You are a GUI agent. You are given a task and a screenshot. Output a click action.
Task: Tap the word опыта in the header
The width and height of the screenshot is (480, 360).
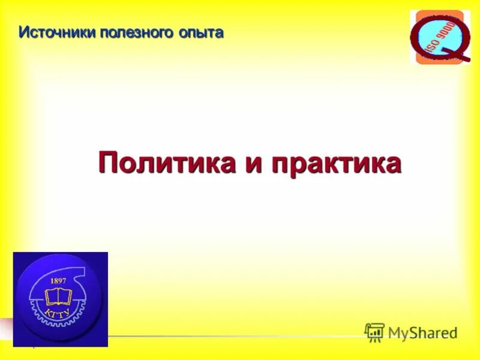[200, 33]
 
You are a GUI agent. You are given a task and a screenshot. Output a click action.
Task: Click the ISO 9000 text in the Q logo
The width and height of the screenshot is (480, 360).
[441, 36]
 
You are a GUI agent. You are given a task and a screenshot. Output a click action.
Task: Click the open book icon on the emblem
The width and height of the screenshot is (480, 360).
[58, 297]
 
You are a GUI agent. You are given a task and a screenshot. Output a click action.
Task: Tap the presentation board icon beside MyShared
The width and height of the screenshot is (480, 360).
[374, 332]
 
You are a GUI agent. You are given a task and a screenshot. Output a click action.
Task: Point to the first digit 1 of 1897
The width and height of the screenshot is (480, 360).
[53, 280]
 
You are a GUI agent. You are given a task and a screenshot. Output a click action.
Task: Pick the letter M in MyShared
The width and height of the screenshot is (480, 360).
[395, 332]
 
